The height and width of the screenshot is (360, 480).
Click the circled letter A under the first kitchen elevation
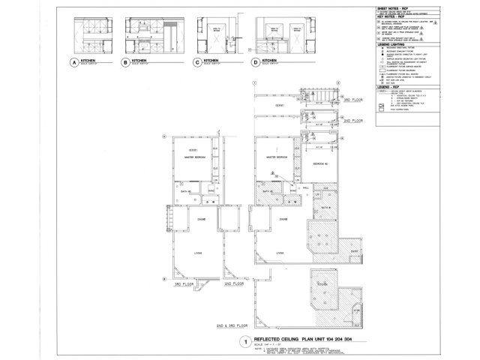click(x=73, y=64)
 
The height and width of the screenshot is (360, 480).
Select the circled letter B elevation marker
click(x=124, y=64)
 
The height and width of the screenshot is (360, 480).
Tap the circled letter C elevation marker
click(x=196, y=64)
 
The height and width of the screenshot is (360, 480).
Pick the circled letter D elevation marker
click(x=256, y=64)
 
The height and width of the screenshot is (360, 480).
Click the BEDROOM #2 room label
click(x=319, y=162)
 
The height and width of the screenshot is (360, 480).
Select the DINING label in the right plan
click(x=283, y=219)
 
